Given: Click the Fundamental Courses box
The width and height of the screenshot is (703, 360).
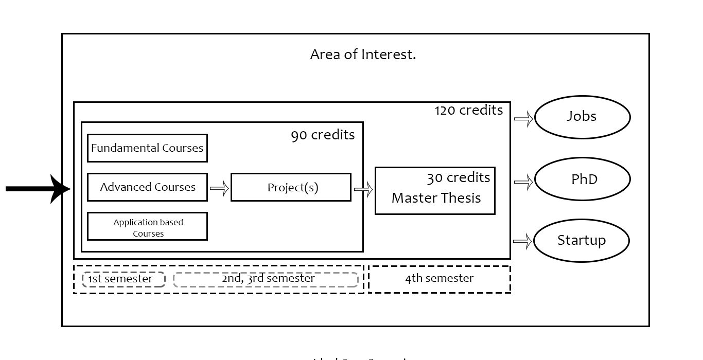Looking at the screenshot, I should coord(147,148).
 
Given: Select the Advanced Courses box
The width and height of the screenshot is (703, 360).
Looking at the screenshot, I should coord(147,187).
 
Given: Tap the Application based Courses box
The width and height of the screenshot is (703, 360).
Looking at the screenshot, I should coord(147,227).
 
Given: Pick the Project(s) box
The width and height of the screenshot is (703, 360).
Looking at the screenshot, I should coord(291,187).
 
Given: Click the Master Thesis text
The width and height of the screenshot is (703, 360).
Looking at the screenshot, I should coord(436,198).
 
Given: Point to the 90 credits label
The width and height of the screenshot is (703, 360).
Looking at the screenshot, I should coord(323,135).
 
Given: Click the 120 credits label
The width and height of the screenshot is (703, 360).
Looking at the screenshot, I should coord(469,111).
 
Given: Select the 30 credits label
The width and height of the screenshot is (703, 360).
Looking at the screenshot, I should coord(458,178).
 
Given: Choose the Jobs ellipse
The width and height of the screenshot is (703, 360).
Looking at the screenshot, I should coord(582,117).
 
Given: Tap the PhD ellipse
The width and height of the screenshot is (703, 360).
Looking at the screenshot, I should coord(582,179).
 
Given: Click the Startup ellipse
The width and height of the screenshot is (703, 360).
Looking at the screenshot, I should coord(582,241).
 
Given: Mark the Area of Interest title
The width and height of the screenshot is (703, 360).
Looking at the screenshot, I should coord(363,55).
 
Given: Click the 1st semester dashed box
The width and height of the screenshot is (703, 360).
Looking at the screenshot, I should coord(124,279).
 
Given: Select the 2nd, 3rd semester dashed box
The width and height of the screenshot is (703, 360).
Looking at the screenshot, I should coord(266,279).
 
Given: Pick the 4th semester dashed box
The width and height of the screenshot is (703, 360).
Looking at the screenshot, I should coord(439,279).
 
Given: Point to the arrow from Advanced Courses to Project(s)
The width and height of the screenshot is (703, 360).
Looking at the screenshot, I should coord(219,189).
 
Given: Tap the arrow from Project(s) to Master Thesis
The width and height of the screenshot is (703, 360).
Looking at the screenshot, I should coord(363,190).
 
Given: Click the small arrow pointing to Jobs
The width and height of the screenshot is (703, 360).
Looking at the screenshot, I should coord(523,119).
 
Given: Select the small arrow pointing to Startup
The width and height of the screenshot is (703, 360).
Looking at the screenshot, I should coord(522,242).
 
